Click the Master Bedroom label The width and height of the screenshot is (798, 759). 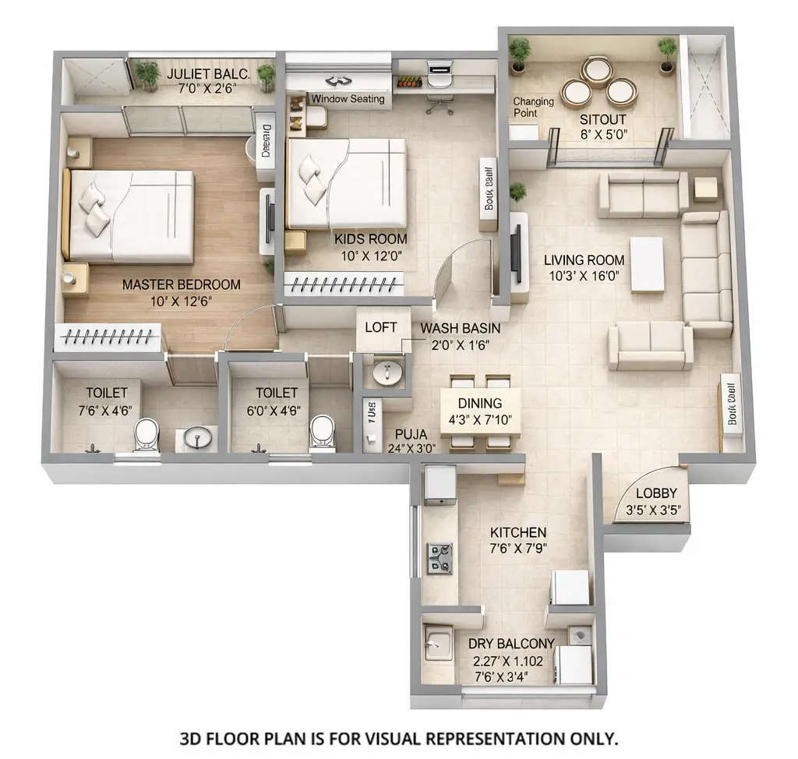(181, 284)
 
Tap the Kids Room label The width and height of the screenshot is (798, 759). (370, 239)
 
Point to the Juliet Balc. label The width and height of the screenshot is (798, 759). (208, 74)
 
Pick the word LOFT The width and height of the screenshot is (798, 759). (381, 327)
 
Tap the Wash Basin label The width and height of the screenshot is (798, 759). (460, 328)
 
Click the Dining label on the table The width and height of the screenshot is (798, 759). (479, 403)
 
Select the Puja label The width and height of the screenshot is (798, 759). (410, 434)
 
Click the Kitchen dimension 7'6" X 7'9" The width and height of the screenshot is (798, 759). (517, 548)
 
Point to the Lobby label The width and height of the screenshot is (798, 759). (656, 493)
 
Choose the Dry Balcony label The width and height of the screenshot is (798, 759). (511, 644)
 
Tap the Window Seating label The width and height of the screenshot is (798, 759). (348, 99)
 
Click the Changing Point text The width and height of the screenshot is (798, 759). (533, 107)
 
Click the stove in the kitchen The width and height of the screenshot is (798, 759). (440, 558)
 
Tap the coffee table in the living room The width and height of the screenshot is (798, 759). (647, 264)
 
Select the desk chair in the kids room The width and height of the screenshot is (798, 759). (440, 102)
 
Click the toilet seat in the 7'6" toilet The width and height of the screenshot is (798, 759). (146, 436)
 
